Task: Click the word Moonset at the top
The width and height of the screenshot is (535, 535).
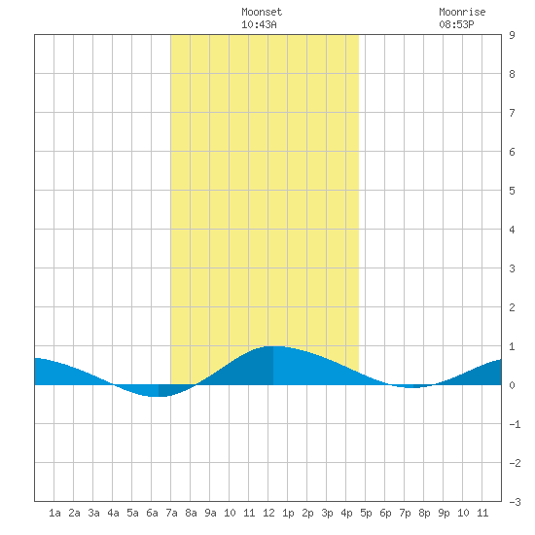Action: pyautogui.click(x=262, y=12)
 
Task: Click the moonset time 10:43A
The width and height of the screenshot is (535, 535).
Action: pyautogui.click(x=259, y=24)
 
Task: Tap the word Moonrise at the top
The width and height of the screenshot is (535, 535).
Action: pyautogui.click(x=462, y=12)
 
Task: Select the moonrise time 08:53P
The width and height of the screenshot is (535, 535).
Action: pyautogui.click(x=456, y=24)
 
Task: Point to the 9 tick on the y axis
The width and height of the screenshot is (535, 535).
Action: pyautogui.click(x=512, y=35)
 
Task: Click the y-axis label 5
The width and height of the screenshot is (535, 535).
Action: pyautogui.click(x=512, y=191)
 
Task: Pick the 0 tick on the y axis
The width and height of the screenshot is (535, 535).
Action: pyautogui.click(x=512, y=385)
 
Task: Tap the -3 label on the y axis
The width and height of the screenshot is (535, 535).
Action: pyautogui.click(x=515, y=502)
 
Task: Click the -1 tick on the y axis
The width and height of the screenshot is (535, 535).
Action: pyautogui.click(x=515, y=424)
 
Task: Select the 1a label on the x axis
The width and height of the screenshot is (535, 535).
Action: pyautogui.click(x=54, y=513)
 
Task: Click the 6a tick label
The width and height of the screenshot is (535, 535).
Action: pyautogui.click(x=152, y=513)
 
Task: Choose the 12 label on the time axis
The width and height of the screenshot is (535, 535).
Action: pyautogui.click(x=268, y=513)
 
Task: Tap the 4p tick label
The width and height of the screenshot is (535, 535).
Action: pyautogui.click(x=346, y=513)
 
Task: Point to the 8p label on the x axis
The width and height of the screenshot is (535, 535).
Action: pyautogui.click(x=424, y=513)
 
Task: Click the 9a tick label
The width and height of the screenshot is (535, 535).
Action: pyautogui.click(x=210, y=513)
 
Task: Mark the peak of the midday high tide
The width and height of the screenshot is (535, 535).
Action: pyautogui.click(x=274, y=346)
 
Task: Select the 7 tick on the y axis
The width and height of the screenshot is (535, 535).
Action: pyautogui.click(x=512, y=113)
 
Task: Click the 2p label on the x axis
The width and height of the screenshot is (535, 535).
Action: pyautogui.click(x=307, y=513)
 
